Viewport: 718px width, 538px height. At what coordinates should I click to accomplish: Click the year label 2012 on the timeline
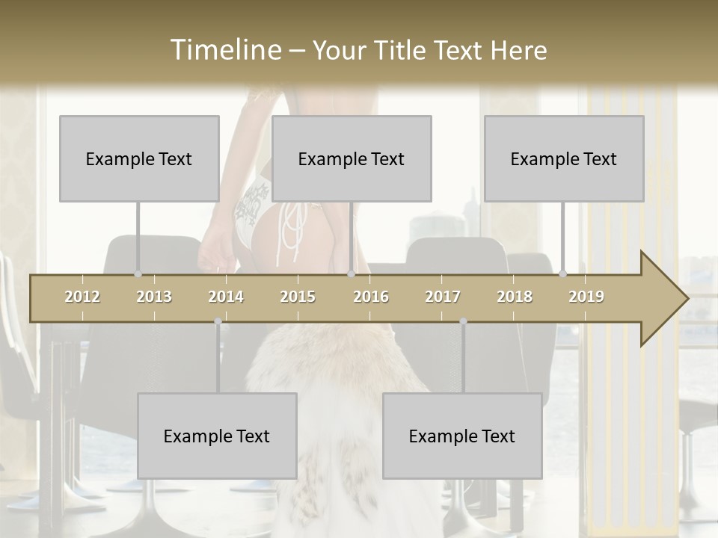click(82, 297)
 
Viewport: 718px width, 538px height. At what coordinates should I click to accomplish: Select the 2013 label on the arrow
click(154, 297)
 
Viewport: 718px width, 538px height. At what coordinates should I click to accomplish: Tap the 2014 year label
click(226, 297)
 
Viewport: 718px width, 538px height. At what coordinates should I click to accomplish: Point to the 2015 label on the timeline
click(298, 297)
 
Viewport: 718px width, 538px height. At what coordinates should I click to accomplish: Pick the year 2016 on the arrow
click(371, 297)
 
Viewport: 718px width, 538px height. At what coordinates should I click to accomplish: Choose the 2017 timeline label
click(443, 297)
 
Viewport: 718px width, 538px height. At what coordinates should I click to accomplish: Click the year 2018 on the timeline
click(515, 297)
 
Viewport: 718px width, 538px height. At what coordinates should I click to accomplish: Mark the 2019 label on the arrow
click(586, 297)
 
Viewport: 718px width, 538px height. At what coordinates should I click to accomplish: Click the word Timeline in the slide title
click(224, 50)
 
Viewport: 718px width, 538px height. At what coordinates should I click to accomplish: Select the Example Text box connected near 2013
click(139, 158)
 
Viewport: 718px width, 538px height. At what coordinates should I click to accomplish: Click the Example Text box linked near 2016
click(352, 158)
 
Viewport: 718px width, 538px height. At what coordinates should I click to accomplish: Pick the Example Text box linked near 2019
click(564, 158)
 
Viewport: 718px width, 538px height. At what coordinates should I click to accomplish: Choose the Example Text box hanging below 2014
click(217, 436)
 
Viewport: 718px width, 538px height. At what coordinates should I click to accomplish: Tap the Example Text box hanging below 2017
click(462, 436)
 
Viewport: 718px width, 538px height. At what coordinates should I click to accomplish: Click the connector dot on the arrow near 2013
click(138, 274)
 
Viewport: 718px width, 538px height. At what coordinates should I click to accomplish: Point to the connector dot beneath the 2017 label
click(463, 321)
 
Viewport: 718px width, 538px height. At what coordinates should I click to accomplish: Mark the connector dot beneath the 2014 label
click(218, 321)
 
